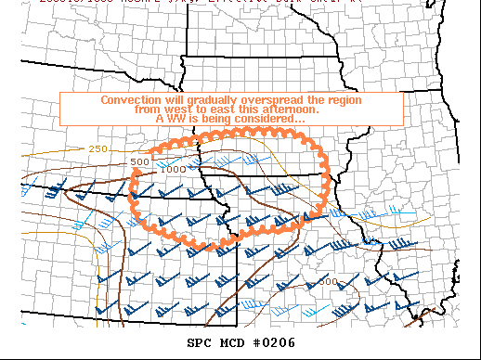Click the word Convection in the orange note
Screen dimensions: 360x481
tap(129, 99)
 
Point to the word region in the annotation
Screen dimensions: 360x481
tap(344, 99)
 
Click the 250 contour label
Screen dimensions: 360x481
tap(98, 148)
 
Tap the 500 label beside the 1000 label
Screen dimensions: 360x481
tap(140, 161)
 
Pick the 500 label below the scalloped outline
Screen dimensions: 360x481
tap(328, 280)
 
